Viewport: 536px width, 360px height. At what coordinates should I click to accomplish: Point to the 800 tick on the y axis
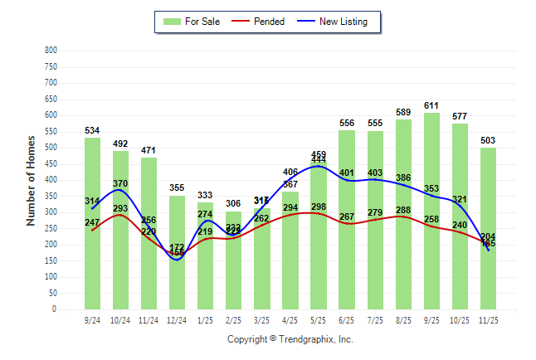(51, 51)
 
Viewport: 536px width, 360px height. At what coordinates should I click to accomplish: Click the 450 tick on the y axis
(51, 164)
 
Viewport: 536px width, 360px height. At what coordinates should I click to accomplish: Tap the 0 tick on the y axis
(54, 309)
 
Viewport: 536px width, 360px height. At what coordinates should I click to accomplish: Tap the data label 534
(93, 131)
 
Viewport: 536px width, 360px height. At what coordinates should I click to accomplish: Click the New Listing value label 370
(121, 183)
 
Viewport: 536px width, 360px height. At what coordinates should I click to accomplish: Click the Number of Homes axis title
(32, 179)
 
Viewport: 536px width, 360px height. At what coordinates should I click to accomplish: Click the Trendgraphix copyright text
(290, 339)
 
